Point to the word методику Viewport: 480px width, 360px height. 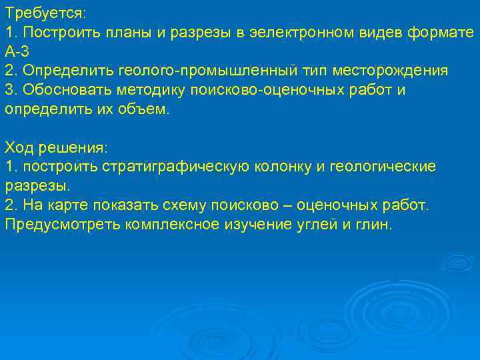pyautogui.click(x=143, y=89)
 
